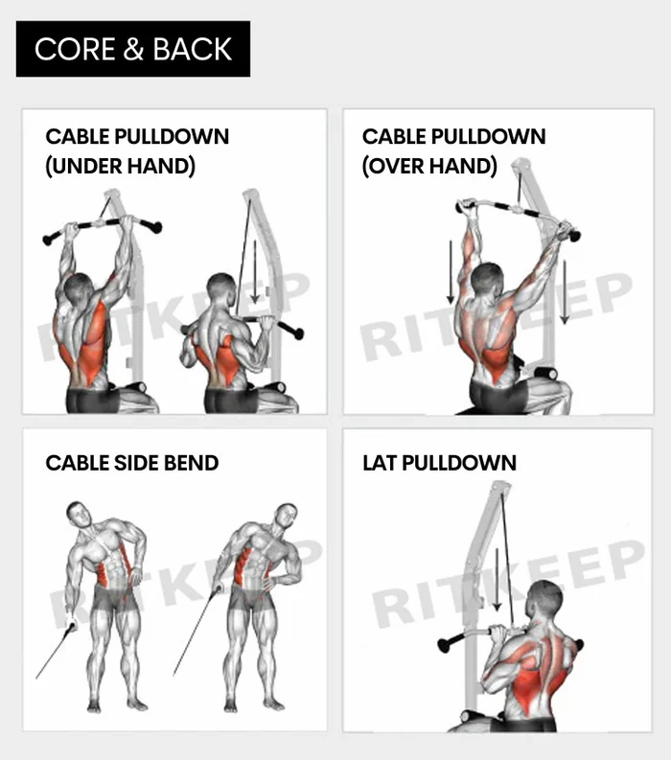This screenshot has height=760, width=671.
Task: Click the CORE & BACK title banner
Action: (x=133, y=49)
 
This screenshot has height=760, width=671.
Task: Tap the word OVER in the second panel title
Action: (x=395, y=166)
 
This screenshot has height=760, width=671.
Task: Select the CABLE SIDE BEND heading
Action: (x=132, y=463)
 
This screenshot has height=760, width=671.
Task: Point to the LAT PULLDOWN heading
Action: (x=439, y=463)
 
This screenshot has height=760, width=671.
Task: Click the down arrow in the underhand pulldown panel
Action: (x=255, y=272)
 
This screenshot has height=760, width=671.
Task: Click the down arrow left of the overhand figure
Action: (x=451, y=272)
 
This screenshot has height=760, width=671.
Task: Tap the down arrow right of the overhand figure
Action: (x=565, y=291)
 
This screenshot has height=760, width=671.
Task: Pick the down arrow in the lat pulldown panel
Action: (x=497, y=580)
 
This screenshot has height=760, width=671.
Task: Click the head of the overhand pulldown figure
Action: (x=487, y=280)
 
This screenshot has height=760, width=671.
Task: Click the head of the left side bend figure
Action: (x=80, y=515)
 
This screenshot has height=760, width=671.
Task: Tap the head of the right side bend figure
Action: (x=286, y=517)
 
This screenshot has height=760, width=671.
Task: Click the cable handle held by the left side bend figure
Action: (x=72, y=626)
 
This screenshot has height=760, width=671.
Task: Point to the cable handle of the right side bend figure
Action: (x=217, y=589)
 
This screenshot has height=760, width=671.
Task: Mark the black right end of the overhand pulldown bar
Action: (x=574, y=236)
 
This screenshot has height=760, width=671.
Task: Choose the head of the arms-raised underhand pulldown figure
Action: (x=78, y=288)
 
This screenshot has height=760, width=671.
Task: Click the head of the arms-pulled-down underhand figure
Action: (x=221, y=288)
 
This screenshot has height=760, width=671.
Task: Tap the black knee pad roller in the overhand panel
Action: (x=544, y=374)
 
